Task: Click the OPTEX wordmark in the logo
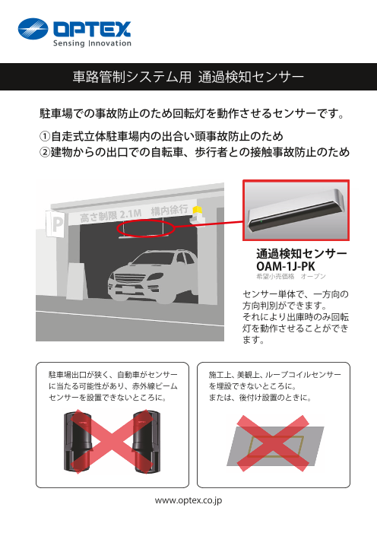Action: pos(92,30)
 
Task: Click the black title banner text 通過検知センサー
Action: pos(250,77)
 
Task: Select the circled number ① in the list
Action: pos(45,136)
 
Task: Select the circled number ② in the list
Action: pos(45,153)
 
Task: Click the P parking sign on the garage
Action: pos(55,224)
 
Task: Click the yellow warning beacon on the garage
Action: pos(198,211)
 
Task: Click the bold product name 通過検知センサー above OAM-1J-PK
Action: pos(302,254)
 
